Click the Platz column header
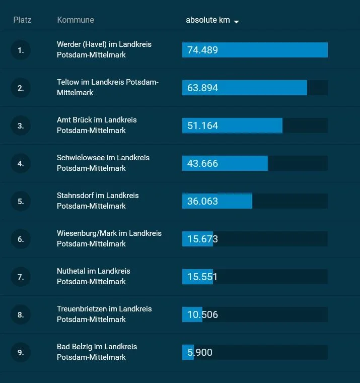click(x=22, y=20)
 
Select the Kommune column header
click(x=76, y=20)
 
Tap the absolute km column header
click(x=207, y=20)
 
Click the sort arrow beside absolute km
click(x=236, y=21)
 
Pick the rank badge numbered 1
click(x=21, y=50)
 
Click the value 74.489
click(x=202, y=50)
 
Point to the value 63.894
click(x=202, y=88)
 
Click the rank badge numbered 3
click(x=21, y=125)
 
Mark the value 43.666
click(x=202, y=163)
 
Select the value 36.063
click(x=202, y=201)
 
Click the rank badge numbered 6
click(x=21, y=239)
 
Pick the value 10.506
click(x=202, y=314)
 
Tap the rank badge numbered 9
click(x=21, y=352)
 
